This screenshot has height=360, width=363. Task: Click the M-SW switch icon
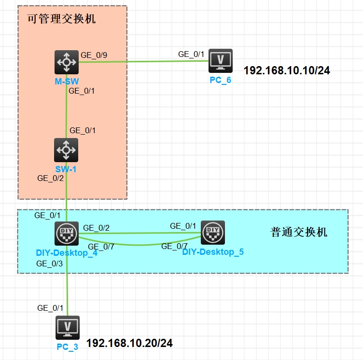[x=66, y=61]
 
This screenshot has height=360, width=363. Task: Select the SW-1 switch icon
[x=66, y=150]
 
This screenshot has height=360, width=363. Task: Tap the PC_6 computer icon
[x=221, y=60]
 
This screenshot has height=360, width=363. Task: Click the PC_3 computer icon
[x=67, y=327]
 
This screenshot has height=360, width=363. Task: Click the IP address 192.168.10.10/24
[x=287, y=70]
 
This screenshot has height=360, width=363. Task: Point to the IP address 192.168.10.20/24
[x=129, y=344]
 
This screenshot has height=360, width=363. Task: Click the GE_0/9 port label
[x=94, y=55]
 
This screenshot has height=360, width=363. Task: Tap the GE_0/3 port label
[x=50, y=263]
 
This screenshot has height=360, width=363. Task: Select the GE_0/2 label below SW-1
[x=51, y=178]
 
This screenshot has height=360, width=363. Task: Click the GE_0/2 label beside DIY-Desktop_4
[x=96, y=228]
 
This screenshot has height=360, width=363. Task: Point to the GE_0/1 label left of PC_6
[x=192, y=54]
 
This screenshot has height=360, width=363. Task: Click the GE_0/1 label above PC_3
[x=51, y=308]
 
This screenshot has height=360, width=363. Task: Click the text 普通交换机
[x=299, y=232]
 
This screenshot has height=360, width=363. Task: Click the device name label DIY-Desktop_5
[x=213, y=251]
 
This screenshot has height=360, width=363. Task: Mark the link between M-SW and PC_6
[x=145, y=61]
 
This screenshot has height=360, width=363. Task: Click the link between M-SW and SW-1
[x=66, y=111]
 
